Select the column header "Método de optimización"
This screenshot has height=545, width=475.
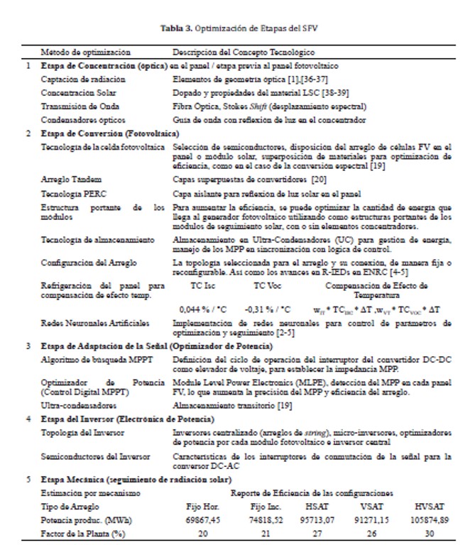86,52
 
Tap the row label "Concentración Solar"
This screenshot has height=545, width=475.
79,92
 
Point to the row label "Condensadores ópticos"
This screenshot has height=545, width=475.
82,119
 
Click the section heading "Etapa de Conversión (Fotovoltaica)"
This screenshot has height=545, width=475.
110,133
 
